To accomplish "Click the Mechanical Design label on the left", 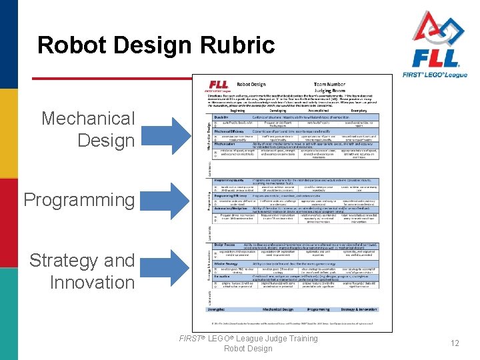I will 87,129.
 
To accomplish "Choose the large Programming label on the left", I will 79,199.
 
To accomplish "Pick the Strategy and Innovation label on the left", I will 81,271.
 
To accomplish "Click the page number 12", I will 455,343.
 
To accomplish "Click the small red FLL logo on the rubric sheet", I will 220,85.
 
